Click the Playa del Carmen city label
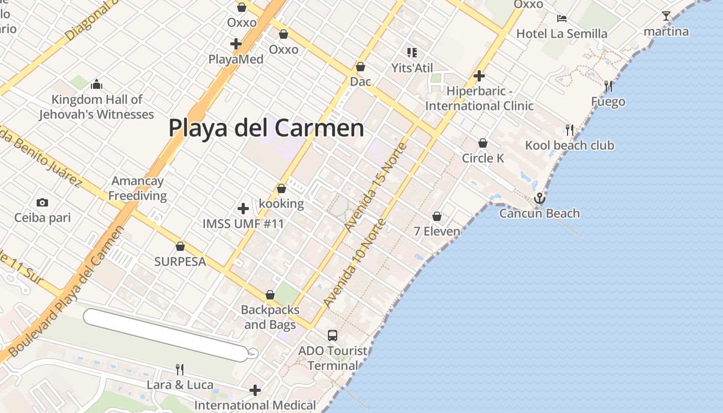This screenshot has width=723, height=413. click(x=266, y=128)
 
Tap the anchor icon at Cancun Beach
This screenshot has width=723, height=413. click(x=539, y=198)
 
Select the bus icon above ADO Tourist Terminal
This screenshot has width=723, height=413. click(x=333, y=336)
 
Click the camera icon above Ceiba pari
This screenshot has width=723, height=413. click(x=42, y=202)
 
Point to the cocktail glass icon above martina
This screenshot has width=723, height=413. click(x=666, y=16)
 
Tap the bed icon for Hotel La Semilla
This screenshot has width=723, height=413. click(x=562, y=19)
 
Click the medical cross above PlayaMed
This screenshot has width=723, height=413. click(x=236, y=44)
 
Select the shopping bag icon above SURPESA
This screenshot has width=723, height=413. click(x=180, y=246)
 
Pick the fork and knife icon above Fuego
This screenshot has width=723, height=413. click(x=608, y=86)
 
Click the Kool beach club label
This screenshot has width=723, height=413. click(x=570, y=145)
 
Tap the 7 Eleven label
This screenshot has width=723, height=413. click(x=437, y=231)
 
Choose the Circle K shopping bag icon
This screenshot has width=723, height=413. click(x=483, y=143)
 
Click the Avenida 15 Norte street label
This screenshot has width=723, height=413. click(x=375, y=187)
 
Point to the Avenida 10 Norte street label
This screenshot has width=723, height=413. click(x=354, y=263)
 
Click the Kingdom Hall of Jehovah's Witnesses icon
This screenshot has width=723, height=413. click(x=97, y=84)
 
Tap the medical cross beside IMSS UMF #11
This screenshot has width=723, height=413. click(x=243, y=209)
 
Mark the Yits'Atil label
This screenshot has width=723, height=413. click(x=412, y=68)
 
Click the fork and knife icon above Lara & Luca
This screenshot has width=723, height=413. click(x=180, y=369)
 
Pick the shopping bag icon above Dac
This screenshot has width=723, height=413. click(x=360, y=67)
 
